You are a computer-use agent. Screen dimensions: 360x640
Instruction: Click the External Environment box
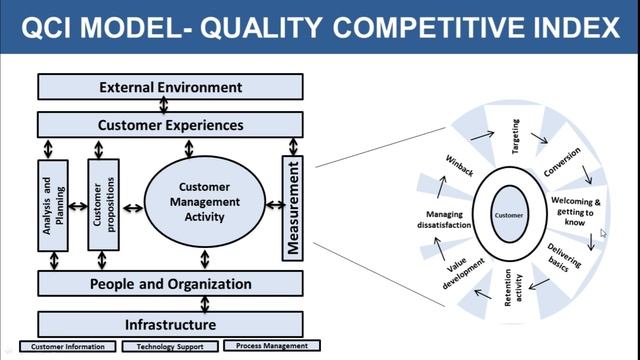tap(170, 88)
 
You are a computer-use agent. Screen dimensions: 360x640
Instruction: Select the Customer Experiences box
tap(170, 125)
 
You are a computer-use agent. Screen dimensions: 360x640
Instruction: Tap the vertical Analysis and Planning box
tap(54, 204)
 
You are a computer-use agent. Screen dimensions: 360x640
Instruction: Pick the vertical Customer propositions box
tap(103, 204)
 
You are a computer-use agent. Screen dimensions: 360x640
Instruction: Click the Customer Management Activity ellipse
tap(205, 200)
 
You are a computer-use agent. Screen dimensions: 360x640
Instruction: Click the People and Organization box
tap(170, 284)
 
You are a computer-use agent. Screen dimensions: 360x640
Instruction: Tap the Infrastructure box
tap(170, 325)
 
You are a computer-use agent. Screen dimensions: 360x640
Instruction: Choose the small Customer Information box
tap(67, 347)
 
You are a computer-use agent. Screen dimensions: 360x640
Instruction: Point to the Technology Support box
tap(169, 347)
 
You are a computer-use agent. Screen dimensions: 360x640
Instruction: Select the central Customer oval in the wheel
tap(510, 215)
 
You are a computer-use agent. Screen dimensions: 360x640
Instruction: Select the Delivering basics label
tap(565, 262)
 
